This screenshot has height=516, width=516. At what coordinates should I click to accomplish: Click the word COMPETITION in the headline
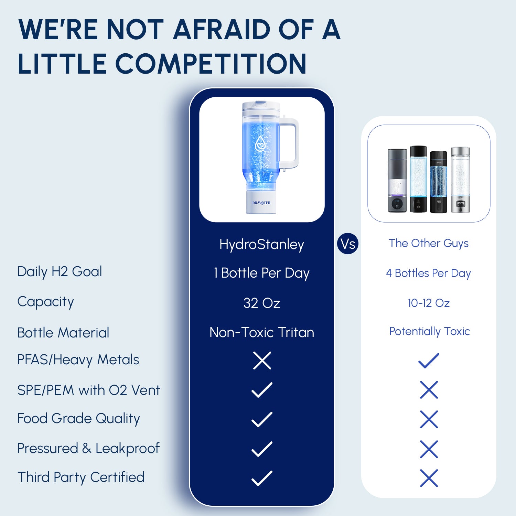click(211, 64)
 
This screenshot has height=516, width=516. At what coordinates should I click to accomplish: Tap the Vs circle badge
click(348, 244)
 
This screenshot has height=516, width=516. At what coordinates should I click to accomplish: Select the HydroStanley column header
click(262, 245)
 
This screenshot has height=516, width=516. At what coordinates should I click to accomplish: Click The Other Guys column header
click(429, 243)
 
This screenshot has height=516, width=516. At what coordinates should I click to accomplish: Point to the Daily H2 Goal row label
click(60, 272)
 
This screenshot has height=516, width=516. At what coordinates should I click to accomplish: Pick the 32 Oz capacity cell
click(262, 303)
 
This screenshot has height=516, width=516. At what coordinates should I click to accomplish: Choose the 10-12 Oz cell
click(429, 303)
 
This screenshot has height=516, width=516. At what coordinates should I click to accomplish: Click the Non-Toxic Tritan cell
click(262, 333)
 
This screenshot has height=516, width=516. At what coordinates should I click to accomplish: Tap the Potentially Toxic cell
click(429, 331)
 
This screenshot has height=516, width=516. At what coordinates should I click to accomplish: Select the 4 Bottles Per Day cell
click(428, 273)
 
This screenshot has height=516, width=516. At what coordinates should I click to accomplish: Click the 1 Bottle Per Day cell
click(262, 273)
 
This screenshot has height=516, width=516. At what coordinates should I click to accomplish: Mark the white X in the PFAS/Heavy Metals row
click(262, 361)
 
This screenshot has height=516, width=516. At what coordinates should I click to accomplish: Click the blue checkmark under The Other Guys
click(429, 361)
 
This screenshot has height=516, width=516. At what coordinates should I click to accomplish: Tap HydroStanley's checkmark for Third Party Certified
click(262, 478)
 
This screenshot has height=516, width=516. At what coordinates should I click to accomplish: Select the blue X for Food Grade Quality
click(429, 419)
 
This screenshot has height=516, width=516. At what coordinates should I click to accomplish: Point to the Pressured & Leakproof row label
click(88, 449)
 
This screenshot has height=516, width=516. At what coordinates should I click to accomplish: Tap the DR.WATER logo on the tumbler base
click(261, 203)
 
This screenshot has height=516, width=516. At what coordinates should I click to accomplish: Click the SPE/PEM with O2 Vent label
click(89, 390)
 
